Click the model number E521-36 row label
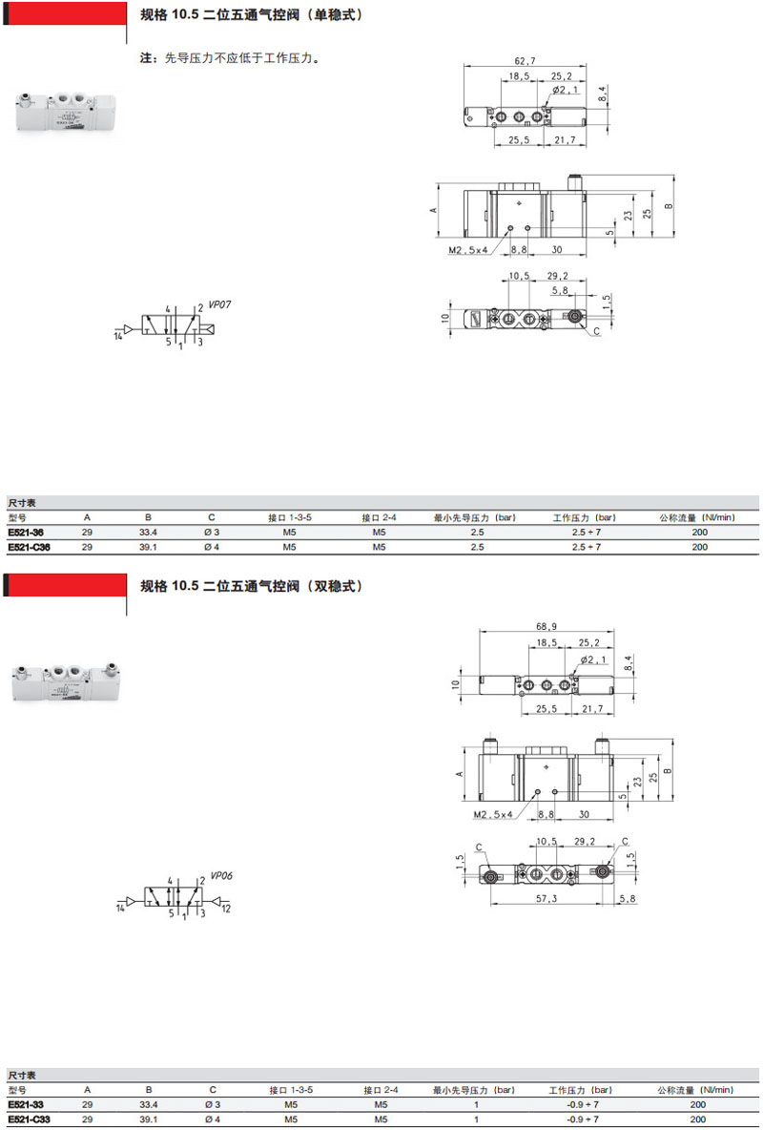25,532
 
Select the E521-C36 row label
29,547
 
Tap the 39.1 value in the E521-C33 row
148,1120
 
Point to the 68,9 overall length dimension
546,625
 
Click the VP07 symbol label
219,304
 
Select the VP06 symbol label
221,876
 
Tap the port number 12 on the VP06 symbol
225,910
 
